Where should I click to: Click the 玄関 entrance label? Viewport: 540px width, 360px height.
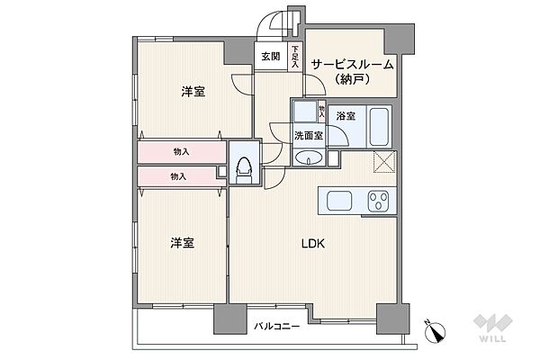270,56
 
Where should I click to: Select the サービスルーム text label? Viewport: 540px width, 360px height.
353,64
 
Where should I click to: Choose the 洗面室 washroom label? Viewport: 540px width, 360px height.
308,136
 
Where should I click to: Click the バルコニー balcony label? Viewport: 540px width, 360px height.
275,326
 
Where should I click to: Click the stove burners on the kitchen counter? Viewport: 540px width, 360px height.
380,201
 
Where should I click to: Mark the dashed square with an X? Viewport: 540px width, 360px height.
386,162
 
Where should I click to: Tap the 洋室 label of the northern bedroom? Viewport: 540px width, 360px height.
191,91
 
